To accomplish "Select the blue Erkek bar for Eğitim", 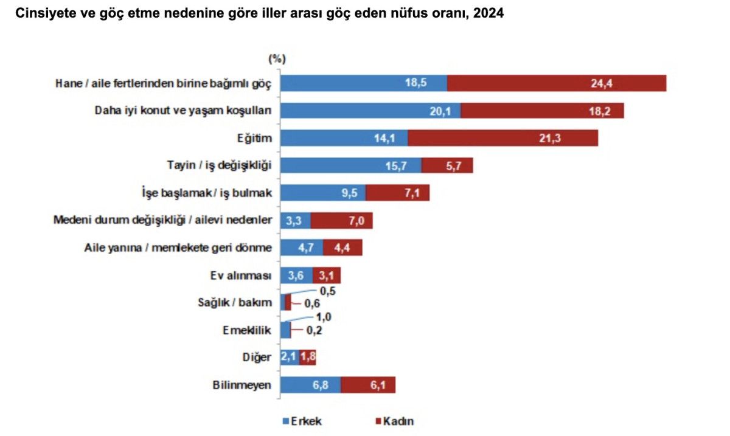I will tap(344, 138).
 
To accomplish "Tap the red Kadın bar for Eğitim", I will tap(502, 138).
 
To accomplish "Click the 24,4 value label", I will tap(600, 83).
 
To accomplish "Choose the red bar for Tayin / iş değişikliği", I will tap(447, 165).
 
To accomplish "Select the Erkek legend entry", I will tap(302, 421).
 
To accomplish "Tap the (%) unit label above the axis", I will tap(277, 59).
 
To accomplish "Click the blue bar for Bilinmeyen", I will tap(310, 385).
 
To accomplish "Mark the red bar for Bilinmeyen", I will tap(367, 385).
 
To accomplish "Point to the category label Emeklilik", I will tap(246, 331).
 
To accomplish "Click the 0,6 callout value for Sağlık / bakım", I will tap(312, 304).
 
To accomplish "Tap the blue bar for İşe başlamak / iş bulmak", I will tap(322, 193).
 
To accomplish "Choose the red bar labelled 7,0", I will tap(341, 221).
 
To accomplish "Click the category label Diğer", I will tap(256, 358).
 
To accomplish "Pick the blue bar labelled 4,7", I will tap(301, 248).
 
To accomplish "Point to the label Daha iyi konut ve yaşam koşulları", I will tap(182, 111).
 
